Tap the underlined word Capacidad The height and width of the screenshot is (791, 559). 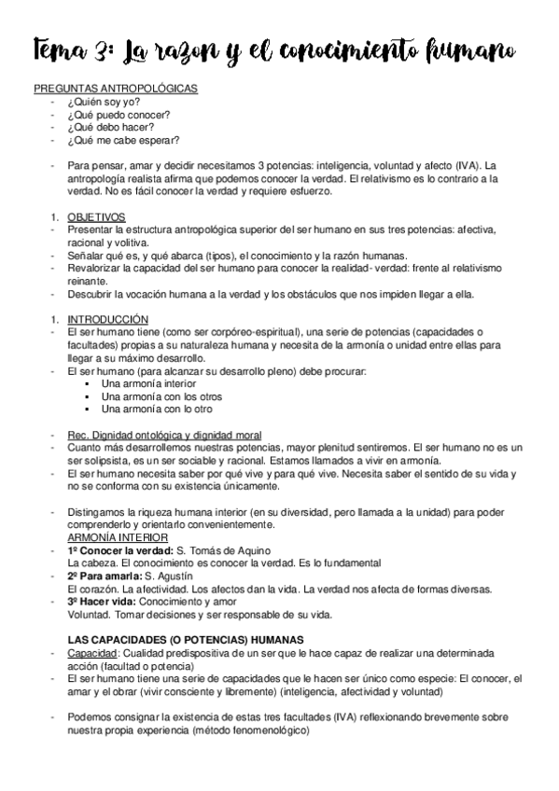click(x=91, y=653)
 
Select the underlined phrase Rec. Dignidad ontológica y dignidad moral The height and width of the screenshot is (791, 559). click(x=164, y=435)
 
